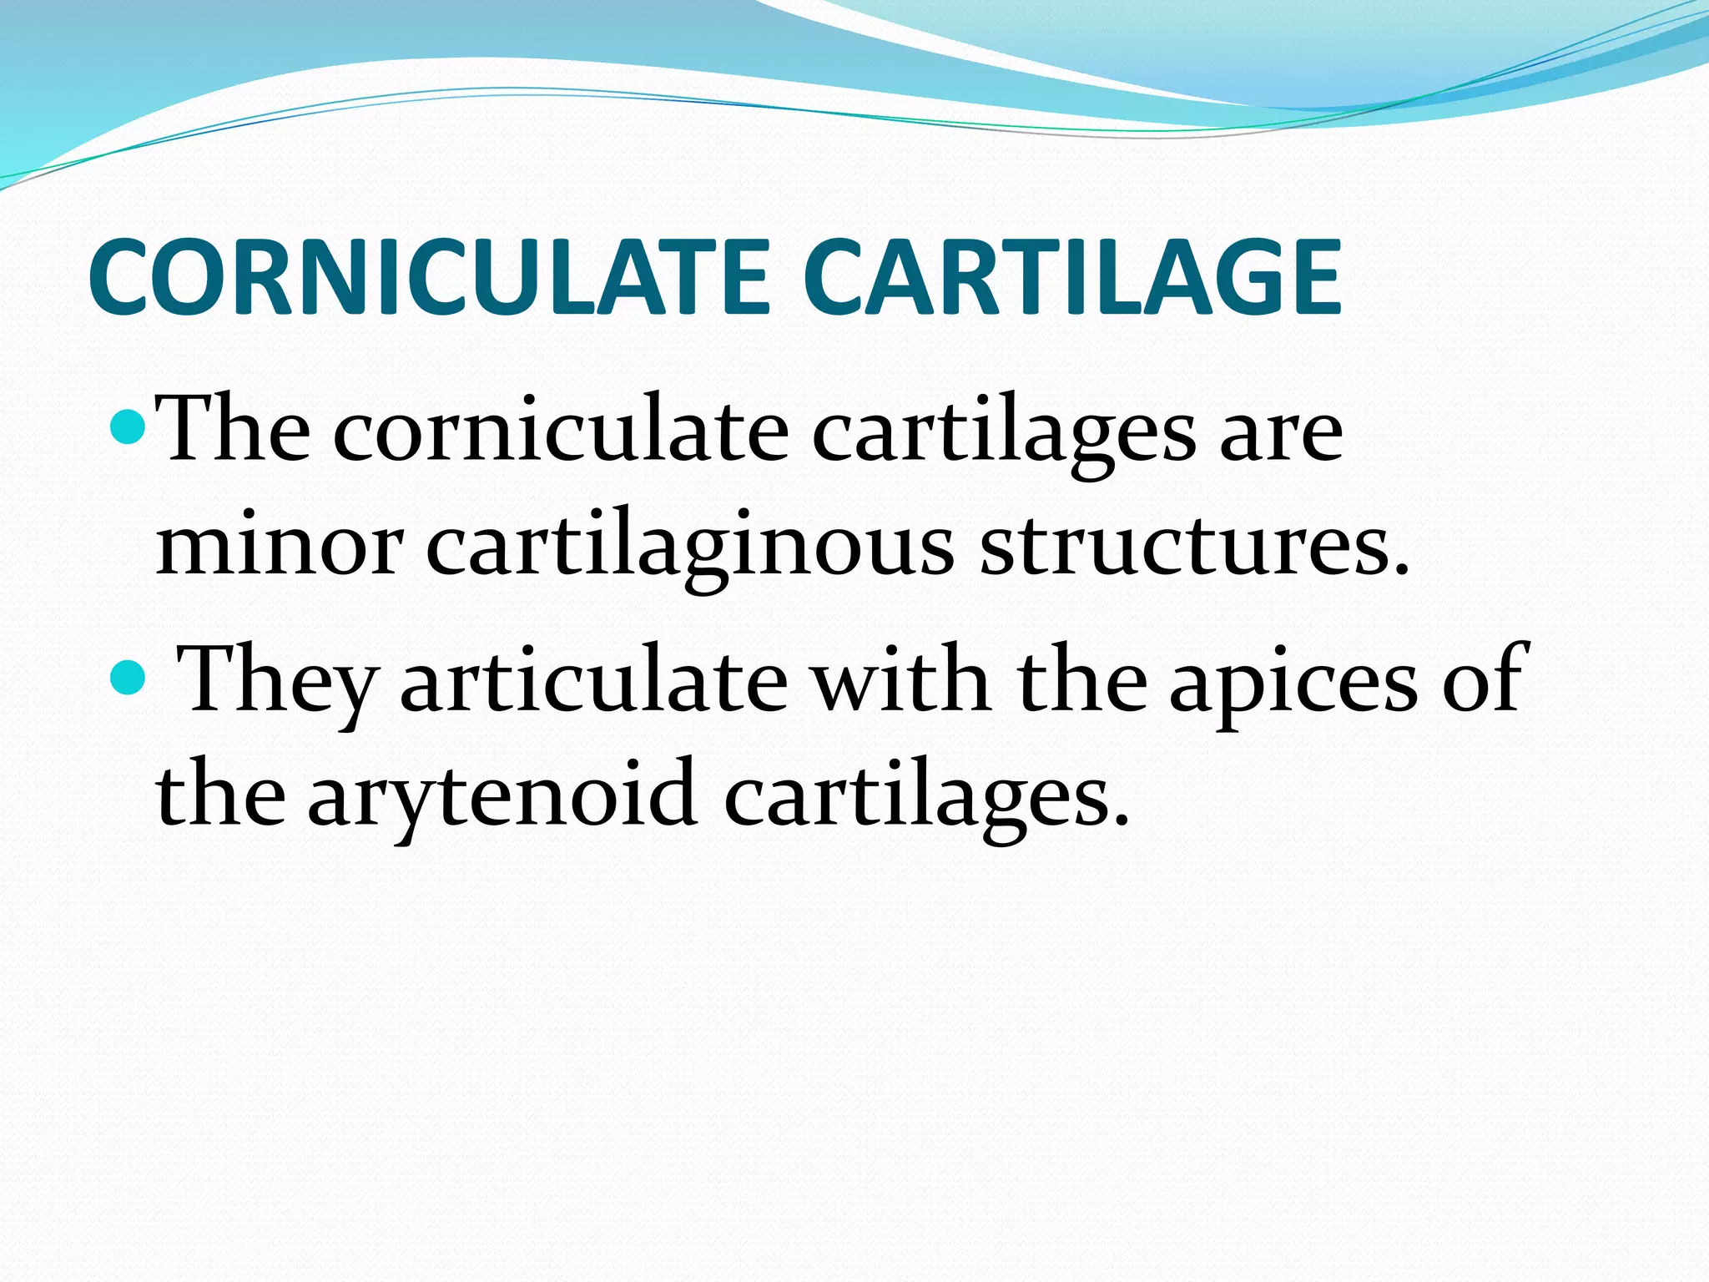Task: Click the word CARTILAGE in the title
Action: tap(1071, 278)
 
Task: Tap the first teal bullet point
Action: tap(128, 427)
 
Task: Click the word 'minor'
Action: tap(279, 548)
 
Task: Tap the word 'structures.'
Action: tap(1194, 548)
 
